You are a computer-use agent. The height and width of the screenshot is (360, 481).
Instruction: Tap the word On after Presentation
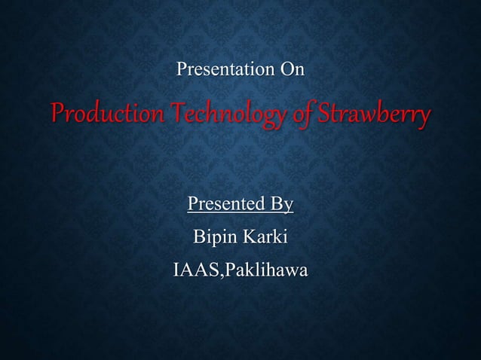click(292, 71)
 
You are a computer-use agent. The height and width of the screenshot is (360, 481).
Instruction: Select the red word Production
click(97, 116)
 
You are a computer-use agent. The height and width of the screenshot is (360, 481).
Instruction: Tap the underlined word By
click(280, 205)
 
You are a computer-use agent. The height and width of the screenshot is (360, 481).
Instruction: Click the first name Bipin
click(214, 237)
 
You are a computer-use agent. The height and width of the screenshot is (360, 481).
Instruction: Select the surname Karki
click(265, 237)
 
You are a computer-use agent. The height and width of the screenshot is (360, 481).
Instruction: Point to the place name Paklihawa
click(264, 270)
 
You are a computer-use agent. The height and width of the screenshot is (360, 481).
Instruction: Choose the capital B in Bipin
click(200, 237)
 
